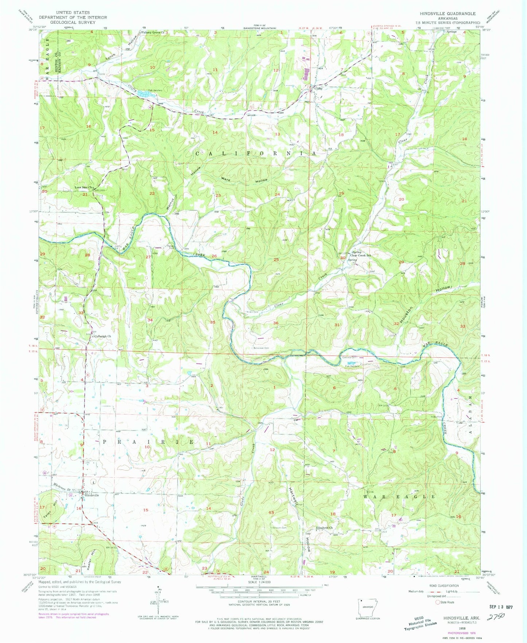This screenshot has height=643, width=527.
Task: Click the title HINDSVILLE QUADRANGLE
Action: [x=447, y=14]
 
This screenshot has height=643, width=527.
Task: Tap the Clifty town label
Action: [x=318, y=88]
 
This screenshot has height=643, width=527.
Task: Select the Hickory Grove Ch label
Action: [x=153, y=32]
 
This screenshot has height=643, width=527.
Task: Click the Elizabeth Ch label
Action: [x=324, y=528]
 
